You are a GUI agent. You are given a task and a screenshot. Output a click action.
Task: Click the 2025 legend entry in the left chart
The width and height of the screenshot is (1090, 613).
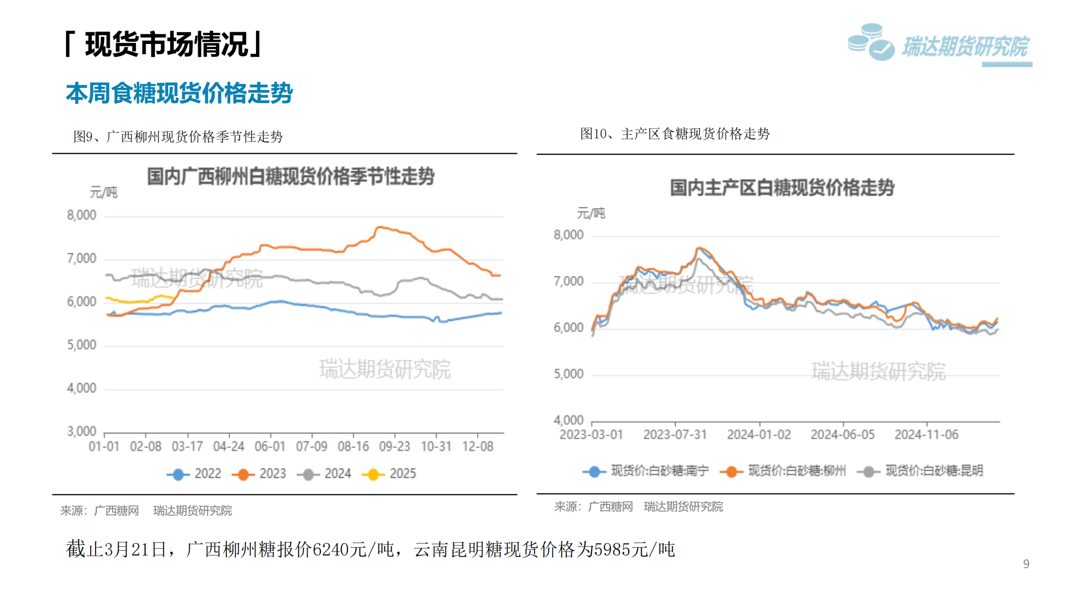(x=390, y=474)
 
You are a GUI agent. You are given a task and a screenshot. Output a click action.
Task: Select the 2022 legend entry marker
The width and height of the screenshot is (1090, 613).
(x=178, y=475)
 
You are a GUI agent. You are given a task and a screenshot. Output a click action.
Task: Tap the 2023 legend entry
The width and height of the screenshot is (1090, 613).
(x=260, y=474)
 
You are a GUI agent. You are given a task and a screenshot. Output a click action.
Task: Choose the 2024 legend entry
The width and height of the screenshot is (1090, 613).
(x=325, y=474)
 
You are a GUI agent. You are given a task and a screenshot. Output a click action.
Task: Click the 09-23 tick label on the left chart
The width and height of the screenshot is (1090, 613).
(x=395, y=447)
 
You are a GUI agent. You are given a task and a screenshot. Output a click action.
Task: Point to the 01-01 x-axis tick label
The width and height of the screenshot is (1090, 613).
(x=104, y=447)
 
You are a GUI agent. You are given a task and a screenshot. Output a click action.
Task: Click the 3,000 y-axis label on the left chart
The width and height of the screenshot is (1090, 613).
(x=82, y=432)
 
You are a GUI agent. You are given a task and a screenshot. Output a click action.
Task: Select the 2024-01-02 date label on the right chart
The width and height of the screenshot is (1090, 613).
(x=759, y=435)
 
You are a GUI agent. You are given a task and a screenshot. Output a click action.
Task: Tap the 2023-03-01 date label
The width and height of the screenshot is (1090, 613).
(x=591, y=435)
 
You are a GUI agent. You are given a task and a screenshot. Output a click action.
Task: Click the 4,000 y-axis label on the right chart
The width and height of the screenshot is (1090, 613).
(x=568, y=420)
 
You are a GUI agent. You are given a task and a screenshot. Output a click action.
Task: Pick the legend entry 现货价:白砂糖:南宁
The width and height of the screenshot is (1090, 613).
(x=646, y=471)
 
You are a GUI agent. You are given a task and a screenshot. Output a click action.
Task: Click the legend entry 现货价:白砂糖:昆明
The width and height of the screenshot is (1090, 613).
(x=921, y=471)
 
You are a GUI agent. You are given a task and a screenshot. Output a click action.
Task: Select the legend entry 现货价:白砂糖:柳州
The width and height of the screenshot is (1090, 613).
(x=783, y=471)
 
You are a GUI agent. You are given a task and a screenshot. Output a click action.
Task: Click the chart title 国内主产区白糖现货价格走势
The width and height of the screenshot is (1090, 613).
(x=782, y=188)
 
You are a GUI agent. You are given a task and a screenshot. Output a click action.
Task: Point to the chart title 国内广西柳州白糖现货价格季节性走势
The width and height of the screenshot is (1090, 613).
(x=291, y=177)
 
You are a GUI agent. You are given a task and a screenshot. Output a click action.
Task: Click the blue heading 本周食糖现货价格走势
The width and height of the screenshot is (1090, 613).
(x=179, y=93)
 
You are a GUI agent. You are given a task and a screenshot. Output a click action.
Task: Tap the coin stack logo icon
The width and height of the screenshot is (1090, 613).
(x=871, y=42)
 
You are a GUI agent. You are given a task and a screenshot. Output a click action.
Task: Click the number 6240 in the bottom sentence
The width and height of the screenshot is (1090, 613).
(x=331, y=550)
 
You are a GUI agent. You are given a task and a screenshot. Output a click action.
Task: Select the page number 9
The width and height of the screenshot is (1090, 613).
(x=1026, y=564)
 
